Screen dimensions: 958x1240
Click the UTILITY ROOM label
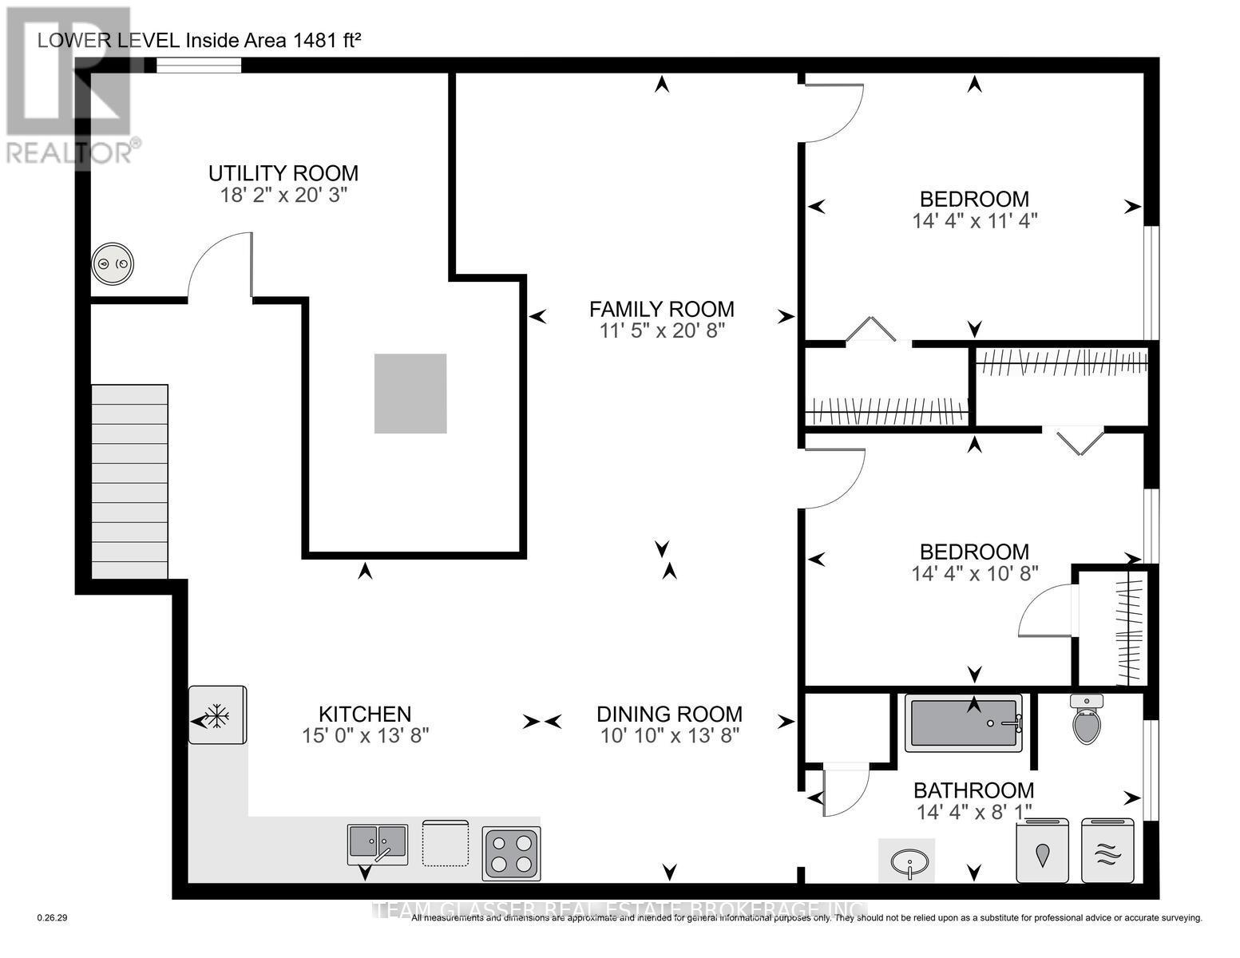click(x=283, y=173)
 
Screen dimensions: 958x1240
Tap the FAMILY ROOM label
click(x=661, y=309)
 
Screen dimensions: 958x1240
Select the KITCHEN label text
click(x=365, y=714)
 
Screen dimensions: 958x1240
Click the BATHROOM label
click(x=973, y=790)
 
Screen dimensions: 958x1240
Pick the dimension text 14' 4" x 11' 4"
click(x=974, y=220)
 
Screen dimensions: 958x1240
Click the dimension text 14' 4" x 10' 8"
click(x=974, y=573)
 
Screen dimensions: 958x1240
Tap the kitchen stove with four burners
click(x=511, y=853)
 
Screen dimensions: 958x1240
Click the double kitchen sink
click(x=377, y=844)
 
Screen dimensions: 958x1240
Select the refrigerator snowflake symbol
click(x=217, y=715)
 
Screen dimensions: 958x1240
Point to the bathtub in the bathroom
click(x=963, y=723)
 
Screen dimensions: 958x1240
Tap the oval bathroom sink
click(x=906, y=861)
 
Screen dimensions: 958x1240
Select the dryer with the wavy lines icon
click(x=1107, y=851)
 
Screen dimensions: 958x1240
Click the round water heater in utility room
click(x=113, y=264)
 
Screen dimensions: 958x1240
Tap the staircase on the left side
click(x=129, y=481)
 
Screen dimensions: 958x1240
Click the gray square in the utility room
click(x=410, y=394)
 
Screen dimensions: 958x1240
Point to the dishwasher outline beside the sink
click(x=446, y=843)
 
